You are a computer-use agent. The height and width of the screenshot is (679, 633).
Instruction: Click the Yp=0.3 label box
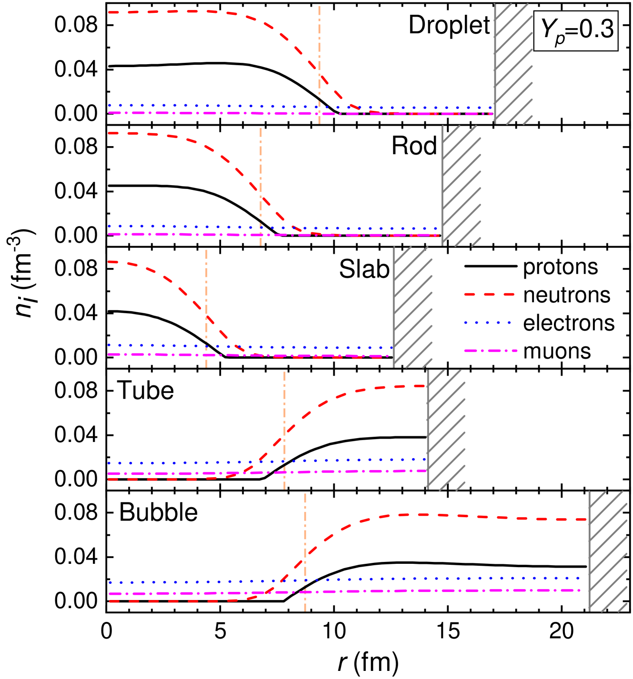pos(576,31)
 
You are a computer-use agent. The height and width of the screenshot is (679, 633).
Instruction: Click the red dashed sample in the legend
pos(489,295)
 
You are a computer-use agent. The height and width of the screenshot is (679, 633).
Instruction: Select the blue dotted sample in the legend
pos(488,323)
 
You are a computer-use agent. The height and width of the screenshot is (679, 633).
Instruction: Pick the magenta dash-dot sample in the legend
pos(490,351)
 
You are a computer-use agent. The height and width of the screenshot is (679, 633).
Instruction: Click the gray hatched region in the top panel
pos(513,63)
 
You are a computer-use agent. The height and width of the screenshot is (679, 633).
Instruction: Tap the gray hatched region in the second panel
pos(461,186)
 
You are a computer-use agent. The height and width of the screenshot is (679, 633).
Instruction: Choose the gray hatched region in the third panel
pos(412,307)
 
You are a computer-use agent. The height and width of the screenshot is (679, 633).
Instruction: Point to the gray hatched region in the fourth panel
pos(446,429)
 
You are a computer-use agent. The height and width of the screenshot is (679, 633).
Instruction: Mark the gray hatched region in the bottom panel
pos(608,551)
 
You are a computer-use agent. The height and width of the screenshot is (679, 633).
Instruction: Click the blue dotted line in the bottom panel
pos(429,578)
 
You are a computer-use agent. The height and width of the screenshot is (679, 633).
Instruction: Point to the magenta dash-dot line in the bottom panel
pos(429,590)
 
